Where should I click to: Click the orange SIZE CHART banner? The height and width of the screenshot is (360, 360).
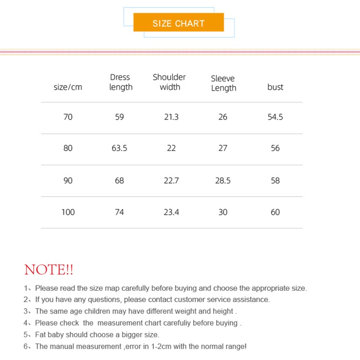(x=179, y=23)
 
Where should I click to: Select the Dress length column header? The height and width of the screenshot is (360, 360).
(x=121, y=82)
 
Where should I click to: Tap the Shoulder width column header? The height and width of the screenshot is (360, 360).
(x=170, y=82)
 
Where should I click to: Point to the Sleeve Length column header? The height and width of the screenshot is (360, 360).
(x=223, y=83)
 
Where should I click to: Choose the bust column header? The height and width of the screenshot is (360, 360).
(x=275, y=87)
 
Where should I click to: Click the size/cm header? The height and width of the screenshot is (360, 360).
(x=68, y=87)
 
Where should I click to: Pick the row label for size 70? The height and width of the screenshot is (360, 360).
(x=68, y=117)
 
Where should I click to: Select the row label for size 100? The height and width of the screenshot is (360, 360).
(x=68, y=212)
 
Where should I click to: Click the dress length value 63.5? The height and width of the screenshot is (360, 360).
(x=119, y=148)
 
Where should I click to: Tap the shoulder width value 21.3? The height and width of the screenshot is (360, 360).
(x=171, y=117)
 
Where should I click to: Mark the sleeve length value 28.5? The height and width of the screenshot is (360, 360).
(x=223, y=180)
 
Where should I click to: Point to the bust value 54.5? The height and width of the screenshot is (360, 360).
(x=275, y=117)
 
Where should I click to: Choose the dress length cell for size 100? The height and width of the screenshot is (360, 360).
(x=119, y=212)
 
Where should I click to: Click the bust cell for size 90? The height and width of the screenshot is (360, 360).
(x=275, y=180)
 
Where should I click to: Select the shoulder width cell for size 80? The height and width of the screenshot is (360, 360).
(x=171, y=148)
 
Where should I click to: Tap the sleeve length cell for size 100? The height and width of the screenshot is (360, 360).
(x=223, y=212)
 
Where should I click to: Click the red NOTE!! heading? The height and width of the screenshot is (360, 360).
(x=49, y=270)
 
